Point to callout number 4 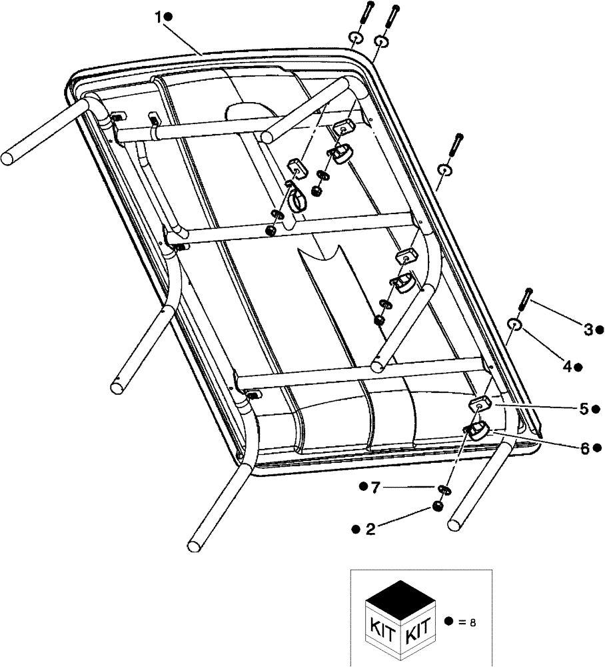pos(566,366)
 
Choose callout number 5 pos(584,408)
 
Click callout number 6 pos(584,448)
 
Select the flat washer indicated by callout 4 pos(516,324)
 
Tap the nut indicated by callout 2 pos(437,507)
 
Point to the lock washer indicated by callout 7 pos(444,491)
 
